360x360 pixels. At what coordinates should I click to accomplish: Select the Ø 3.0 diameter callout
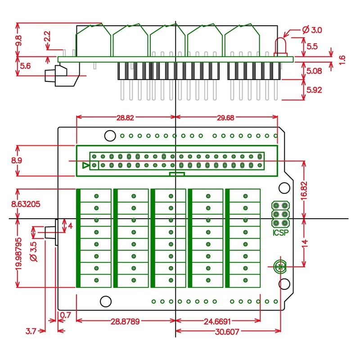(312, 30)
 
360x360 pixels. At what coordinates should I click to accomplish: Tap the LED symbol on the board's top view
(281, 266)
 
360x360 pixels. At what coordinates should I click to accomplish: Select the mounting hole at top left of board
(109, 135)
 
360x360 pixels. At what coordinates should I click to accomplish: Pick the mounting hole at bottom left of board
(105, 301)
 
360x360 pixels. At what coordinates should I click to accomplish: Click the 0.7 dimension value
(65, 315)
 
